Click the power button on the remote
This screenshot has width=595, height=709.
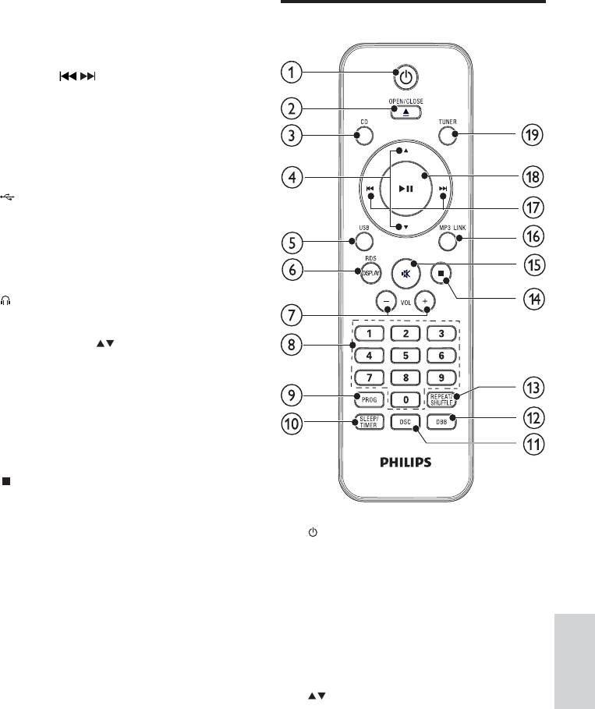coord(406,77)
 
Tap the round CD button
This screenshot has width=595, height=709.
coord(364,135)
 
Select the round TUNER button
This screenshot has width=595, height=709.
coord(447,135)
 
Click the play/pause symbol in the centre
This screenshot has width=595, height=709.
coord(406,189)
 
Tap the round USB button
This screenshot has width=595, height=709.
coord(364,242)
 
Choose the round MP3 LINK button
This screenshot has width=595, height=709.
coord(447,242)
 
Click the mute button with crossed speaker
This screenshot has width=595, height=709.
coord(406,274)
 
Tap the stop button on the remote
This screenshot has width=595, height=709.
coord(441,274)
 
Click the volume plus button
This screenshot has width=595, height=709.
coord(424,301)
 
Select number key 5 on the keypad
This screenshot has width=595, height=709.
coord(406,356)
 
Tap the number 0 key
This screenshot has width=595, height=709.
coord(406,399)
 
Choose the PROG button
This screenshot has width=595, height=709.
coord(369,399)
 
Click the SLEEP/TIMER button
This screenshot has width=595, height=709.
coord(369,422)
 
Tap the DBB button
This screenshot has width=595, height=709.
coord(441,422)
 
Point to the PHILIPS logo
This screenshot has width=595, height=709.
coord(406,462)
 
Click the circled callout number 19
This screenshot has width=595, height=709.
coord(532,135)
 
